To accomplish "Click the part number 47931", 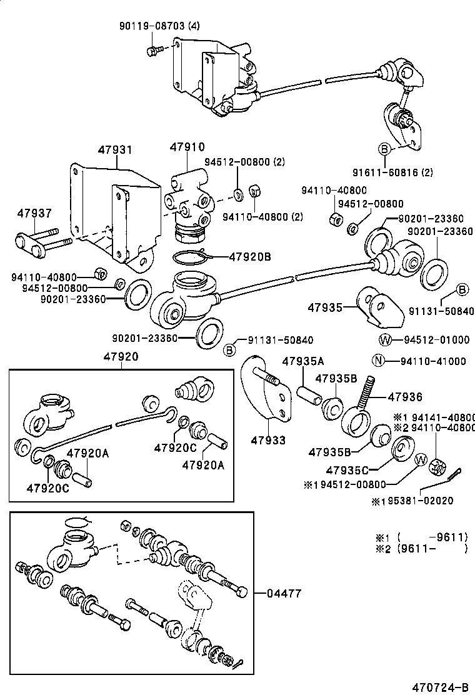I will tap(115, 150).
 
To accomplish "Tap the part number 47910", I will tap(187, 147).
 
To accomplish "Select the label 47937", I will tap(34, 213).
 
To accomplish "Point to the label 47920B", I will tap(249, 256).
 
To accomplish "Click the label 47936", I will tap(405, 397).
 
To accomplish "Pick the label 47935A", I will tap(303, 361).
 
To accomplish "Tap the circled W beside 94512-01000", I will tap(385, 340).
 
